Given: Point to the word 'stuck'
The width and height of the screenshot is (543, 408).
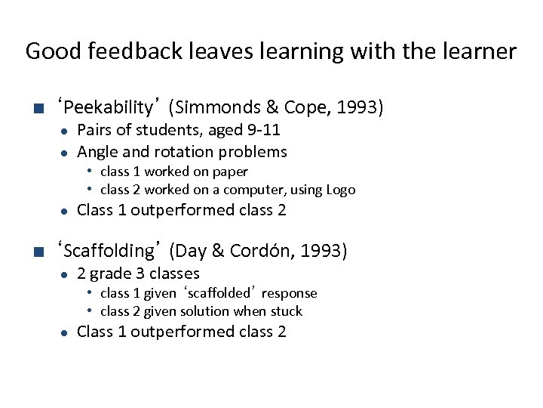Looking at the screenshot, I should click(x=286, y=311).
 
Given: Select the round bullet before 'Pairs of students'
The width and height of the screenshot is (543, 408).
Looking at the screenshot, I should click(x=66, y=131).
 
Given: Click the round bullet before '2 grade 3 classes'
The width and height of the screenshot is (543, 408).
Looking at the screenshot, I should click(x=66, y=274).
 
